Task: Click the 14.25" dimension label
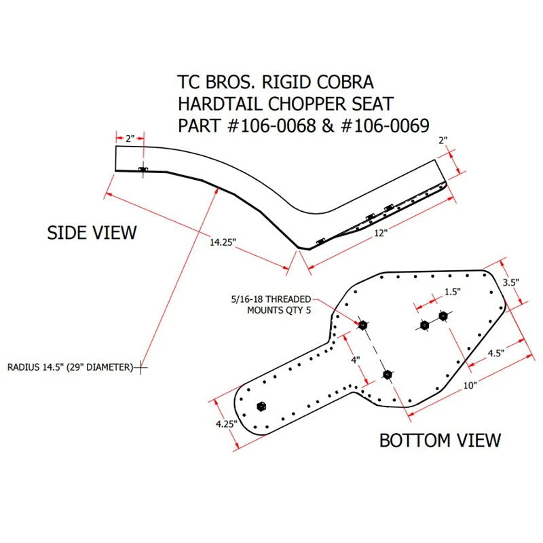pos(223,242)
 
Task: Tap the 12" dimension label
pos(380,233)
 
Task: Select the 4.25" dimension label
pos(226,424)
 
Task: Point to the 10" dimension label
pos(470,385)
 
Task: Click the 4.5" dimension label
pos(496,353)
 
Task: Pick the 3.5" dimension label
pos(511,282)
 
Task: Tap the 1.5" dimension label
pos(453,292)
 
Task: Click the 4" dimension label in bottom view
pos(356,360)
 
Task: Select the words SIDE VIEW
pos(92,233)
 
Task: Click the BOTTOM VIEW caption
pos(440,440)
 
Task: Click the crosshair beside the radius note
pos(141,367)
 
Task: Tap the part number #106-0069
pos(385,126)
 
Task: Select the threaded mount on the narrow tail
pos(261,406)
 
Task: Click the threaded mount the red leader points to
pos(362,325)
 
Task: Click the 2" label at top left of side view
pos(130,138)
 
